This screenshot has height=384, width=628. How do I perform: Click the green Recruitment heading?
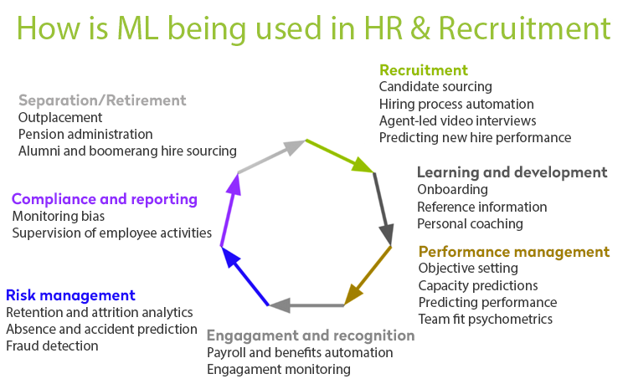pos(424,70)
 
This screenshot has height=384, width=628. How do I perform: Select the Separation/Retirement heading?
pos(102,100)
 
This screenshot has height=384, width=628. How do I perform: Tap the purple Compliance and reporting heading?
pos(105,199)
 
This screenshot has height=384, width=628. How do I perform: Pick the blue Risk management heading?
pos(70,295)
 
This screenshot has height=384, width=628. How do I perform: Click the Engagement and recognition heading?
pos(311,335)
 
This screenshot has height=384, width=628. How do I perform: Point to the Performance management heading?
pos(514,252)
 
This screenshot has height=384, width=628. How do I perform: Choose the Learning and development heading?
pos(512,172)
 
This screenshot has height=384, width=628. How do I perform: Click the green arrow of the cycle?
pos(340,156)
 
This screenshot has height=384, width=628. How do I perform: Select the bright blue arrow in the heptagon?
pos(245,276)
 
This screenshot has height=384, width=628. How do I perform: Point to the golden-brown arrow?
pos(368,276)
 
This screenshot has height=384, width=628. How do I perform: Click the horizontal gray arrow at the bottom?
pos(306,305)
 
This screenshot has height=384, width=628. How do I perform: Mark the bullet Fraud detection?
pos(52,346)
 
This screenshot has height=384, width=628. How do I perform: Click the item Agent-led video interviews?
pos(458,120)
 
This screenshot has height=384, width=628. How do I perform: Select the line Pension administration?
pos(85,134)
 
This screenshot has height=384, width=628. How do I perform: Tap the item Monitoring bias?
pos(59,217)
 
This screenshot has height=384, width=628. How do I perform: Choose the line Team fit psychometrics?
pos(486,320)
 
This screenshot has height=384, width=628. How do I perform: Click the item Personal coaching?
pos(471,224)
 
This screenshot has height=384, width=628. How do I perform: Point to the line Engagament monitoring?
pos(279,369)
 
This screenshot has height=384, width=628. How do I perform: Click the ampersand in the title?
pos(420,28)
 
